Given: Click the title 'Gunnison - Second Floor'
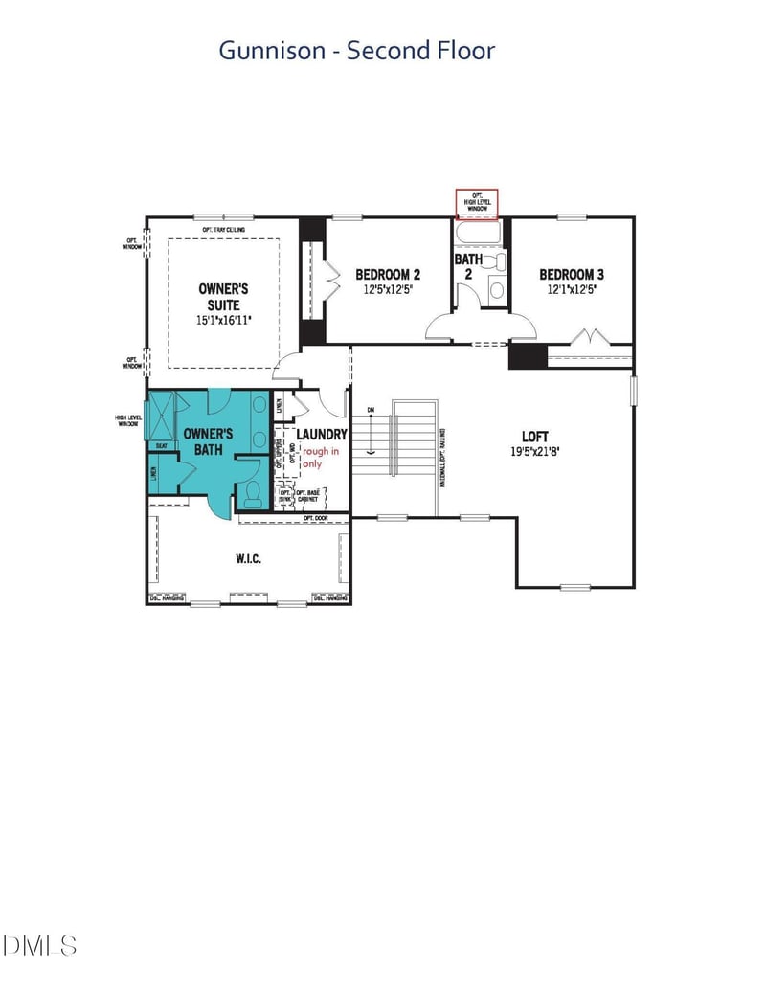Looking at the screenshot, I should pos(356,50).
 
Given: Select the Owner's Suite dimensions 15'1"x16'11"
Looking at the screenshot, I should pos(223,321).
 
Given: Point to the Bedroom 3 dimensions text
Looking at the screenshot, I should pos(571,289).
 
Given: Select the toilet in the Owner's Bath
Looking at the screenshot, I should pos(253,492).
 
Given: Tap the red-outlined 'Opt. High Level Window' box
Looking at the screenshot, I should pos(476,203).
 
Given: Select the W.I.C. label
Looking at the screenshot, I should pos(248,558).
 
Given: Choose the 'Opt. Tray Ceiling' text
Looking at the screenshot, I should pos(223,230).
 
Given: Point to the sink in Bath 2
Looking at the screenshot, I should pos(496,289).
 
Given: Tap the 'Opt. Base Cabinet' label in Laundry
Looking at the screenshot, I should pos(308,496).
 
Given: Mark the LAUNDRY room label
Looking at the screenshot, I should pos(321,435).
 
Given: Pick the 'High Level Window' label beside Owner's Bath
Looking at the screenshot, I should pos(127,420).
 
